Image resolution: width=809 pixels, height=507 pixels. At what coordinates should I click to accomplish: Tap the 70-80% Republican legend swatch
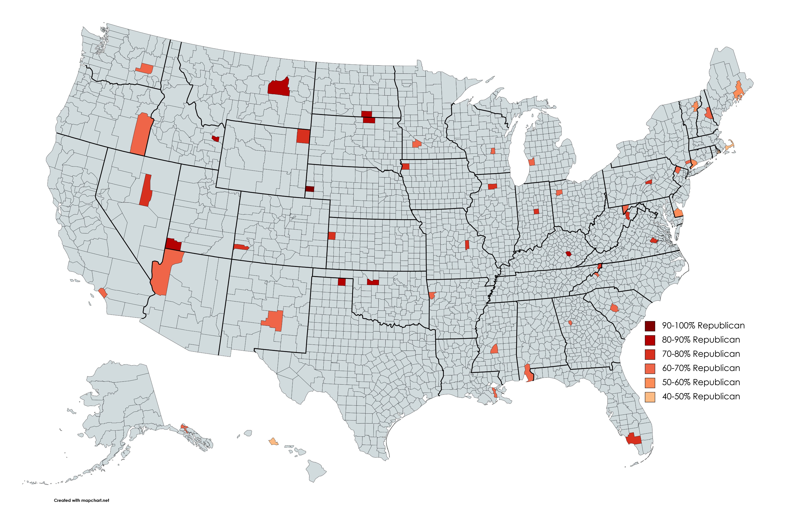650,354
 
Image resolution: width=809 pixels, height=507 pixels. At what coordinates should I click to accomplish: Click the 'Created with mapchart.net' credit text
82,500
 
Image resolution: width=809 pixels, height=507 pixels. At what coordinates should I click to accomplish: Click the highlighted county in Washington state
145,68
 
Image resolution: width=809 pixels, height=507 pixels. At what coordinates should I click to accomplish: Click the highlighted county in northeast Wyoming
303,136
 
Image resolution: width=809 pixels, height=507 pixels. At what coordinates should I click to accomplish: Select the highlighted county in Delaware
678,213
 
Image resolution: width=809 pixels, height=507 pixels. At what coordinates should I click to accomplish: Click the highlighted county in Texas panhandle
341,282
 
